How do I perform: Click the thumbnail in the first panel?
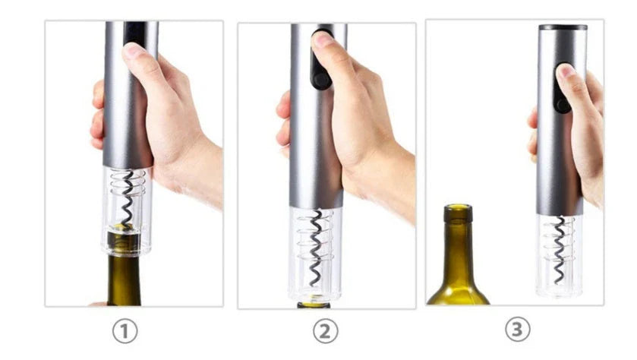pyautogui.click(x=134, y=52)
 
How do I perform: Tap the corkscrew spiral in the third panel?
pyautogui.click(x=560, y=247)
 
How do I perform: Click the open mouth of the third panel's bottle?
pyautogui.click(x=458, y=207)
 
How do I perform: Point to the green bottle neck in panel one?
pyautogui.click(x=124, y=277)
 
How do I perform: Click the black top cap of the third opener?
pyautogui.click(x=563, y=27)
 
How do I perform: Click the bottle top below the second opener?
pyautogui.click(x=314, y=305)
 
